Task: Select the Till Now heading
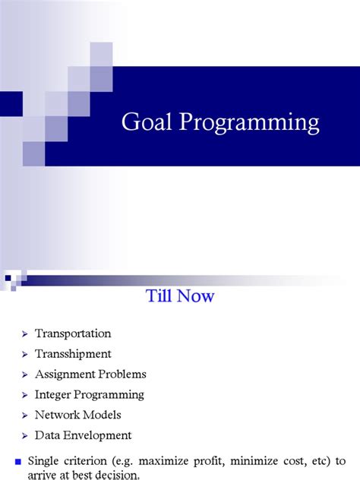tap(180, 296)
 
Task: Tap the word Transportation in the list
tap(73, 333)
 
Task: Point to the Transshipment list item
tap(73, 354)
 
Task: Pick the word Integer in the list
tap(53, 395)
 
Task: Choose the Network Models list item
tap(77, 415)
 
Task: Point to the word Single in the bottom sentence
tap(44, 460)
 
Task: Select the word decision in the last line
tap(121, 475)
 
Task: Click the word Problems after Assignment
tap(121, 374)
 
